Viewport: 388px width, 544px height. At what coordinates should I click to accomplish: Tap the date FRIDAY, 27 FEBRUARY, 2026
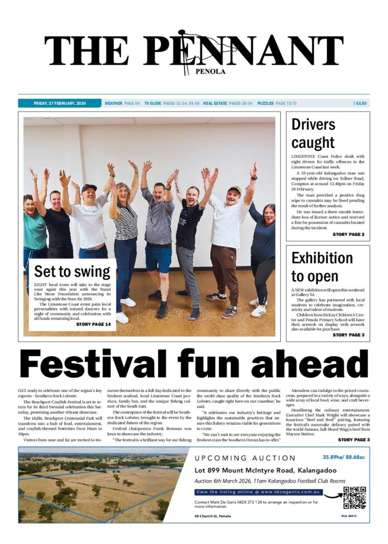point(59,103)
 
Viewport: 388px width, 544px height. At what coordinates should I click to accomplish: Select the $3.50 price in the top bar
point(360,103)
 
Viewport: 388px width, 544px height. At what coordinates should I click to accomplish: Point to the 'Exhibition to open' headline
point(322,267)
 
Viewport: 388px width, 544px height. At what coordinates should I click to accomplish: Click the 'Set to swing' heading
point(72,271)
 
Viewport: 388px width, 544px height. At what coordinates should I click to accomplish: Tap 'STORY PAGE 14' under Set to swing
point(94,324)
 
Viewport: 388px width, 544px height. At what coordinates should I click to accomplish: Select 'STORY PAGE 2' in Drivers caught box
point(348,235)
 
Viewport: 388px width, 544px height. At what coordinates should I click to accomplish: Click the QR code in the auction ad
point(355,498)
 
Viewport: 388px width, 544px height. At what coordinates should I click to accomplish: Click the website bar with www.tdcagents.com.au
point(259,492)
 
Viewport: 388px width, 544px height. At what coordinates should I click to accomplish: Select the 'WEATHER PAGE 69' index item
point(122,103)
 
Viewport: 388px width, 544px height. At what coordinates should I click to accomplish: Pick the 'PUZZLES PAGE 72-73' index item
point(277,103)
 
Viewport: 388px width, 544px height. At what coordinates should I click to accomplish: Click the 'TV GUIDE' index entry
point(153,103)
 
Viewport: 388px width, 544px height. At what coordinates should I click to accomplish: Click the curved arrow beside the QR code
point(333,494)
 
